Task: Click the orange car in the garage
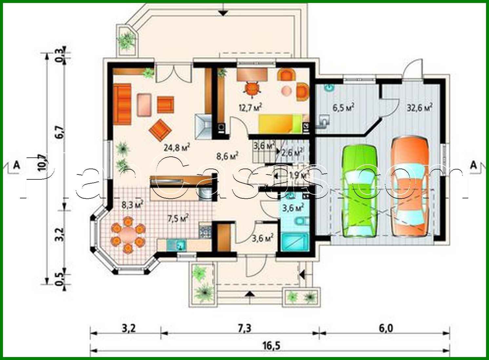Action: click(x=411, y=185)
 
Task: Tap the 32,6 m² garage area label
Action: click(x=419, y=108)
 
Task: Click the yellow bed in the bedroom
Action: click(x=280, y=124)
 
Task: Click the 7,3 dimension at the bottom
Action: click(x=243, y=328)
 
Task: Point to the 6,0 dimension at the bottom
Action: click(x=387, y=328)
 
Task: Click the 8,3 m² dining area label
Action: click(x=132, y=205)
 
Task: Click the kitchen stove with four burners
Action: click(x=205, y=230)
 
